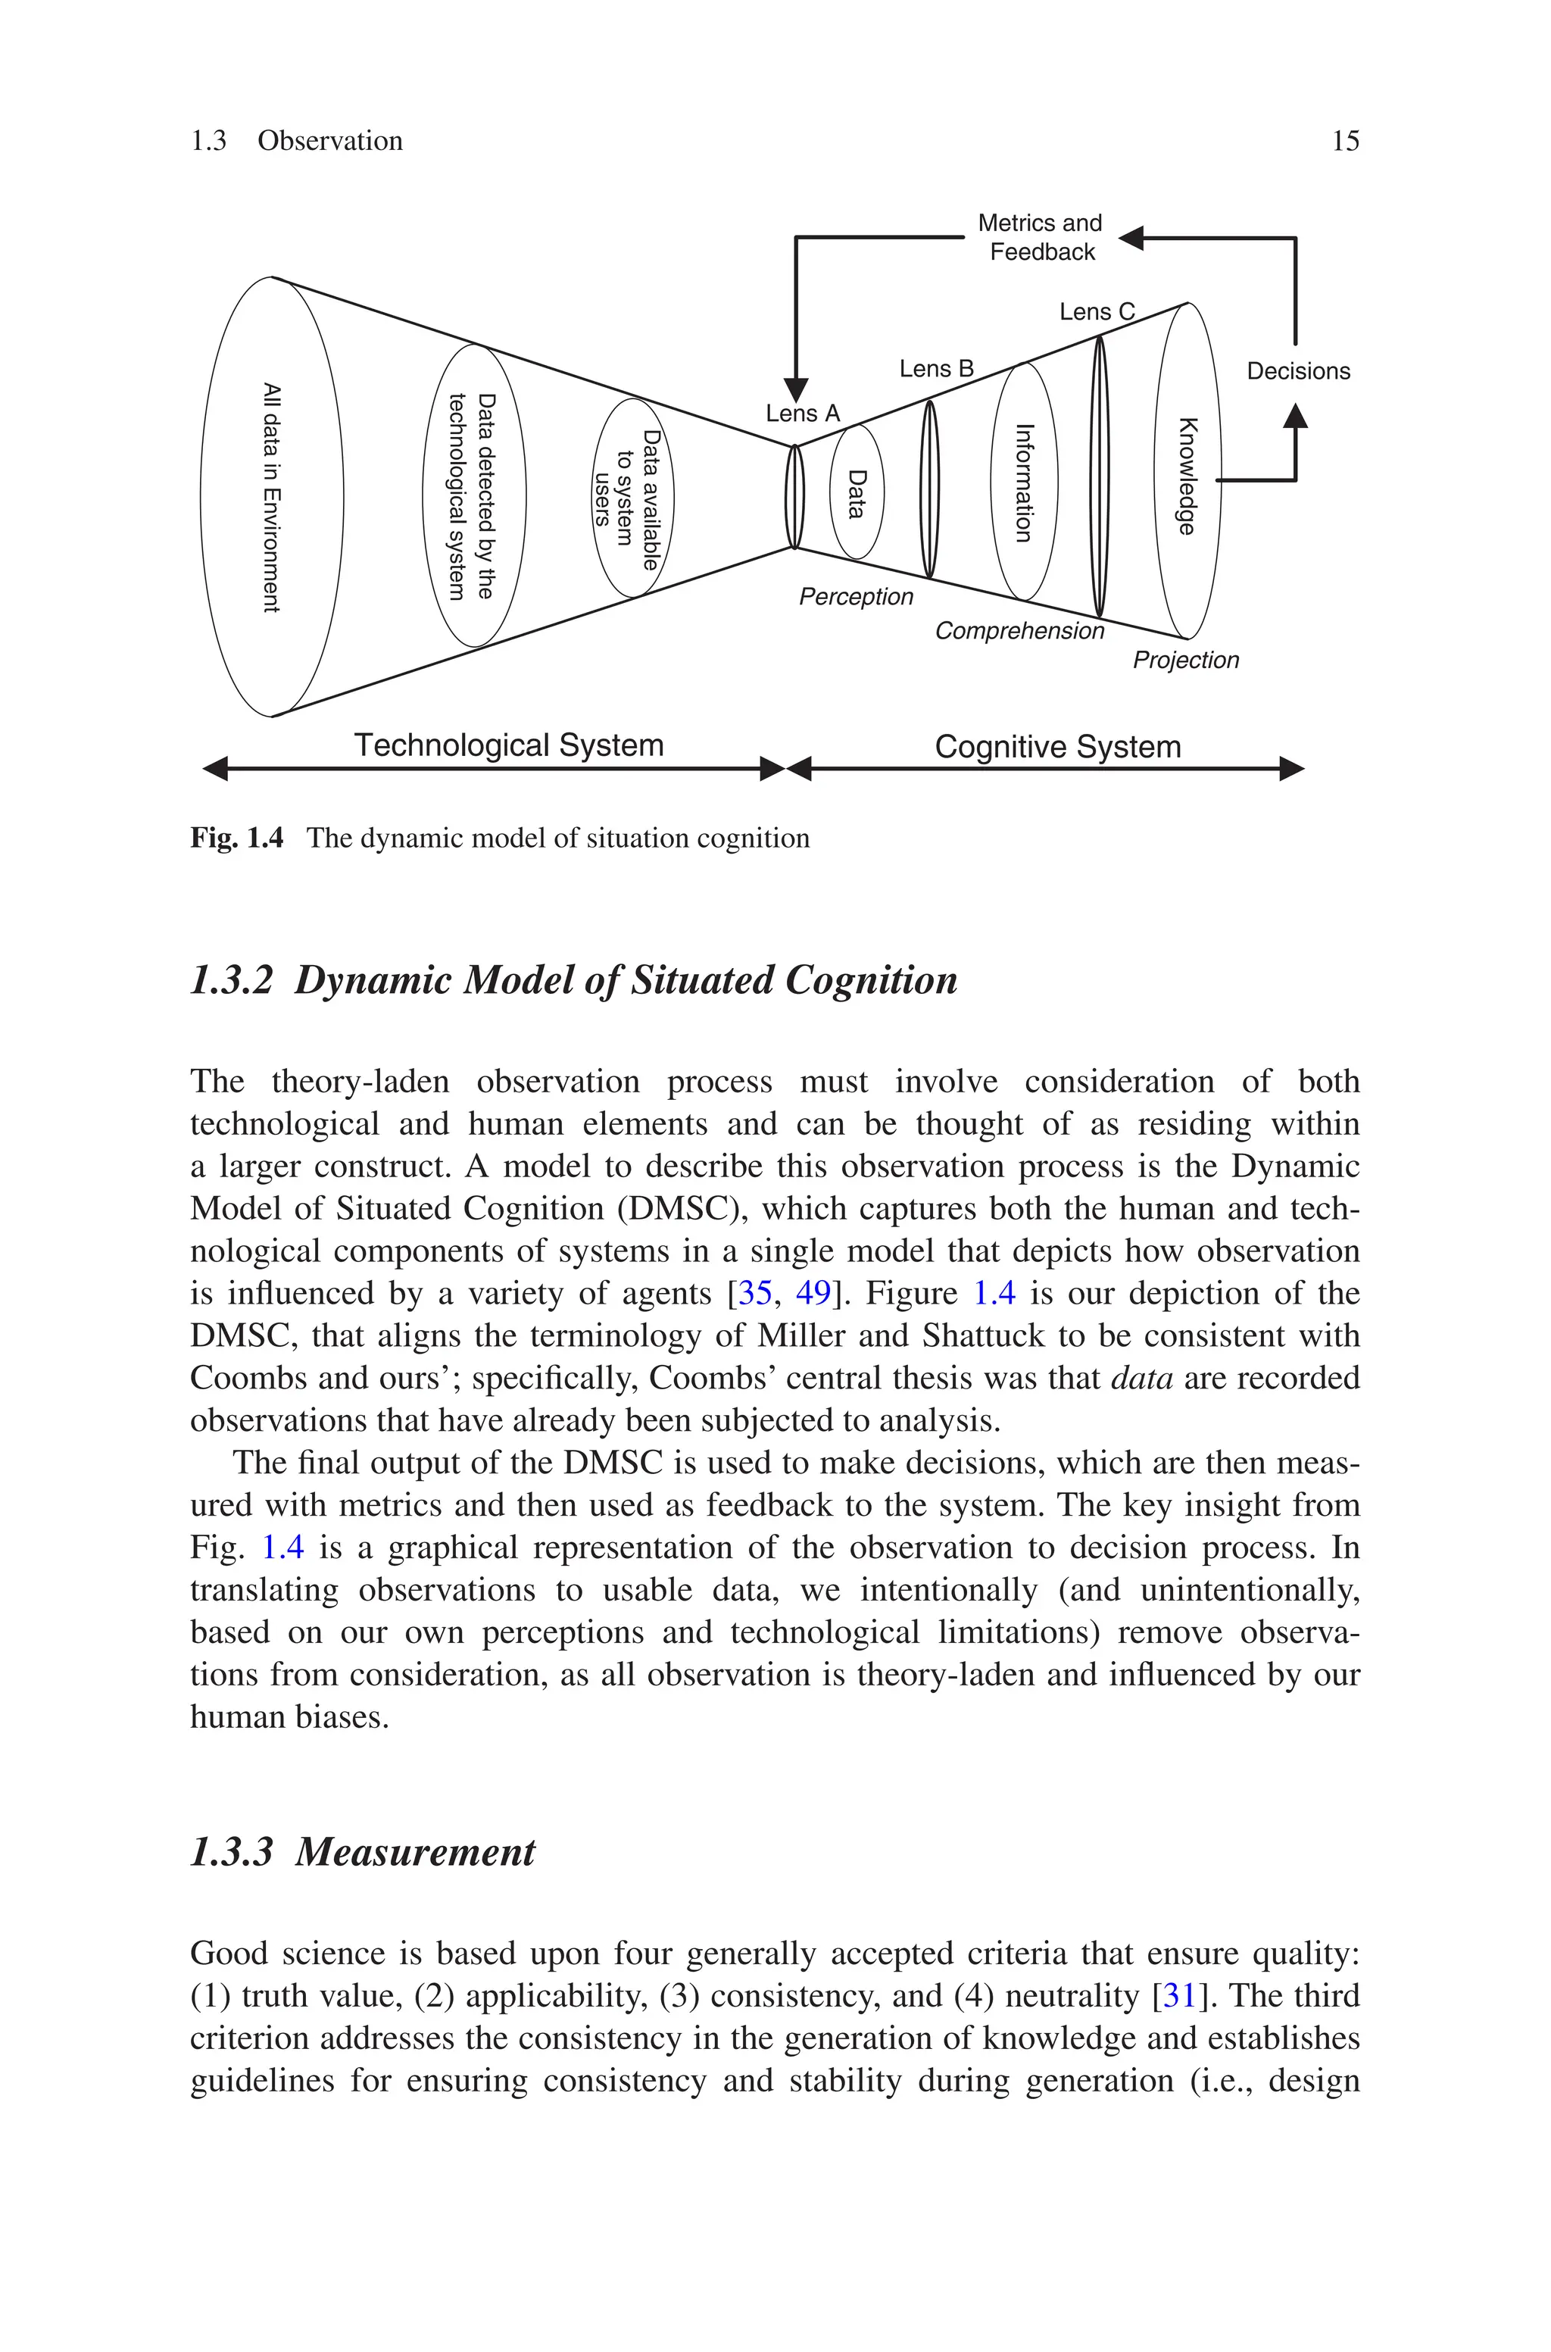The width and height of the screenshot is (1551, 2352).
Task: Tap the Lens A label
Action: pyautogui.click(x=802, y=414)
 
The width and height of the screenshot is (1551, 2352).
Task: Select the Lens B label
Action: pyautogui.click(x=936, y=369)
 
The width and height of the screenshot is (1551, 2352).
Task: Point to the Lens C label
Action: pyautogui.click(x=1096, y=313)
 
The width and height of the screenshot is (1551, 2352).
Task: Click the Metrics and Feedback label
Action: pyautogui.click(x=1040, y=237)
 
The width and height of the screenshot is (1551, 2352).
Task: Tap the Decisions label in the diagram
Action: pyautogui.click(x=1298, y=371)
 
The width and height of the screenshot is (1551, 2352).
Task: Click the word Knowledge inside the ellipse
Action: pyautogui.click(x=1188, y=476)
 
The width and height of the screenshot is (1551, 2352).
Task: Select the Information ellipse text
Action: pyautogui.click(x=1025, y=483)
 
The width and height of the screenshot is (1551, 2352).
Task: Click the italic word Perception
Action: pyautogui.click(x=856, y=596)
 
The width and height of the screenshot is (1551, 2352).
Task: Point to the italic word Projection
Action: pyautogui.click(x=1185, y=660)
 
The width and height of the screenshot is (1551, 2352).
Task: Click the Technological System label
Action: pyautogui.click(x=508, y=745)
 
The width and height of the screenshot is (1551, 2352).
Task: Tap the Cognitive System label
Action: pyautogui.click(x=1057, y=747)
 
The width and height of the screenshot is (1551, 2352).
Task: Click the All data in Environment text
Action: pyautogui.click(x=272, y=498)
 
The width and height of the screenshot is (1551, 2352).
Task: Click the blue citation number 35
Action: pyautogui.click(x=755, y=1294)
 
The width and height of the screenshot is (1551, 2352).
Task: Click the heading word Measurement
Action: pyautogui.click(x=416, y=1851)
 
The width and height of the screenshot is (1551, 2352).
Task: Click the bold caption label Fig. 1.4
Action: pyautogui.click(x=236, y=839)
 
